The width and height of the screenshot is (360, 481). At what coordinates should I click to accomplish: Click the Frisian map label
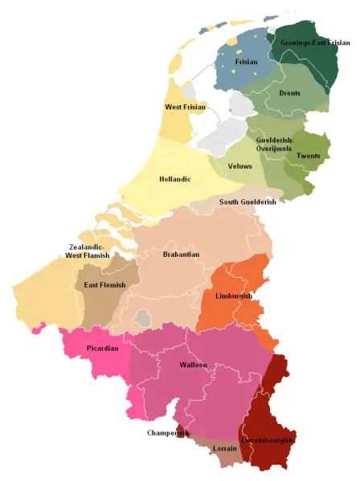coord(246,61)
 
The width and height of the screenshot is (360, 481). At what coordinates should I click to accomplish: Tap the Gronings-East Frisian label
coord(315,42)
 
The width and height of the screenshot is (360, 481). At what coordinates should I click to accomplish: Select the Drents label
coord(290,93)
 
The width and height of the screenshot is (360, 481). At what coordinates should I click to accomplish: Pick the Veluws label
coord(239,165)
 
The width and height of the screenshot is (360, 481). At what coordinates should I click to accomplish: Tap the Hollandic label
coord(175,179)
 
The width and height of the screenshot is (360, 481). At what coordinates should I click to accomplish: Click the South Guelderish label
coord(247,202)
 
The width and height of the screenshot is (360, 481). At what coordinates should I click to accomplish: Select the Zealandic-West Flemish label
coord(90,251)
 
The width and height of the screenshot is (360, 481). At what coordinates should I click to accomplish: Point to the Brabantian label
coord(180,255)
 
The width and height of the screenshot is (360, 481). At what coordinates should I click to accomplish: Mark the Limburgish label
coord(234,296)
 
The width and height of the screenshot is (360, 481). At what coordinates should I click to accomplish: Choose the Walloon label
coord(193,365)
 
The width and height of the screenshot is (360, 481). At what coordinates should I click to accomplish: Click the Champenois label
coord(168,433)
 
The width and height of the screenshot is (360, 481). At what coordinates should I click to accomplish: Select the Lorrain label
coord(225,459)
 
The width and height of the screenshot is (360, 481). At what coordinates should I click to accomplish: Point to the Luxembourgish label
coord(268,441)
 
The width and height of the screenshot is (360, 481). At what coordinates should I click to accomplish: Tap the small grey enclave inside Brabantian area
coord(143,319)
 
